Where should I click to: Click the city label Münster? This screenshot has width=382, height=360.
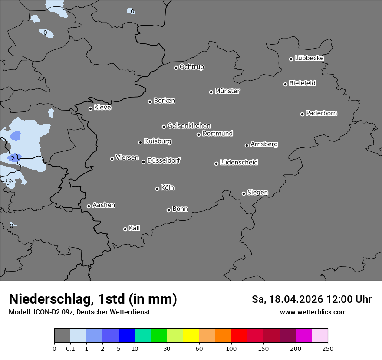point(227,91)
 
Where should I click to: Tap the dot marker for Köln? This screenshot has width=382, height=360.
point(157,189)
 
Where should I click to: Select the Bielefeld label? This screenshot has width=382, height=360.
point(302,83)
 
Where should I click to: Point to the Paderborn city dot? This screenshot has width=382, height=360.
point(303,114)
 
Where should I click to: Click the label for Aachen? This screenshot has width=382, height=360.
point(104,205)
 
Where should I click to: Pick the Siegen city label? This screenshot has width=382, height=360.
point(257,193)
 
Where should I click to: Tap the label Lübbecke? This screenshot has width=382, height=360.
point(309,58)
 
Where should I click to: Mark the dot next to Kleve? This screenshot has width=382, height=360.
point(90,108)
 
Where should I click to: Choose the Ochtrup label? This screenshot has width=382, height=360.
point(192,67)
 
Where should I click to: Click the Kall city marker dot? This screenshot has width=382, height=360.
point(125,229)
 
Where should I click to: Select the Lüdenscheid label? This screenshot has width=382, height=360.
point(239,163)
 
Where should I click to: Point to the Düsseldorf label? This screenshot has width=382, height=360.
point(164,160)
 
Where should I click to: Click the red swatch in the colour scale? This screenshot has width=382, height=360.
point(239,336)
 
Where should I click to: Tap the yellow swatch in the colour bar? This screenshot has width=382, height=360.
point(191,336)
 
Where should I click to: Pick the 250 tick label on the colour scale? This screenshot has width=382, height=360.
point(328,348)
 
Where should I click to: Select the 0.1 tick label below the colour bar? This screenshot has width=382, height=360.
point(70,348)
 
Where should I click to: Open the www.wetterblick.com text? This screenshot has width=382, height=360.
point(313,312)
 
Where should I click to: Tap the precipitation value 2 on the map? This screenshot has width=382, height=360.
point(13,158)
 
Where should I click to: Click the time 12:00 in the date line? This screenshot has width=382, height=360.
point(331,299)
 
